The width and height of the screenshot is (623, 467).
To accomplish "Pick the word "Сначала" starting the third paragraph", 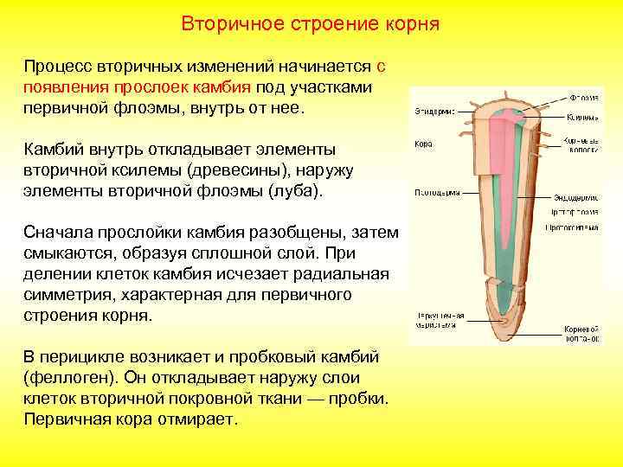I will tap(57, 233).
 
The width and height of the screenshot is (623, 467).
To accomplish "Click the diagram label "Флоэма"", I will tap(583, 97).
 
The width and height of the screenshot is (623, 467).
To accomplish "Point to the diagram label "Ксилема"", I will tap(582, 117).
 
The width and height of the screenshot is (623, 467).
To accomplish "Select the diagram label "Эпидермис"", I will tap(431, 112).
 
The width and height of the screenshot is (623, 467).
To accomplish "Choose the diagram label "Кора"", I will tap(423, 144).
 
